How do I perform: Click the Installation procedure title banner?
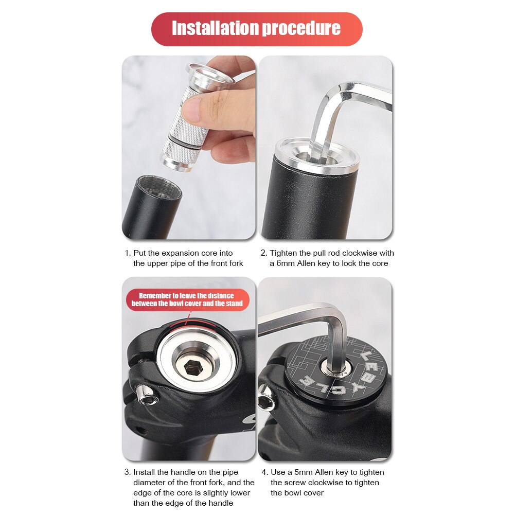257,29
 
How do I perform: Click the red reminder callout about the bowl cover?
186,299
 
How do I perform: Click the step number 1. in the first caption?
128,253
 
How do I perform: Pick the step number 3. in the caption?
128,472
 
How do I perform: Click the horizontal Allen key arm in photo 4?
293,315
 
